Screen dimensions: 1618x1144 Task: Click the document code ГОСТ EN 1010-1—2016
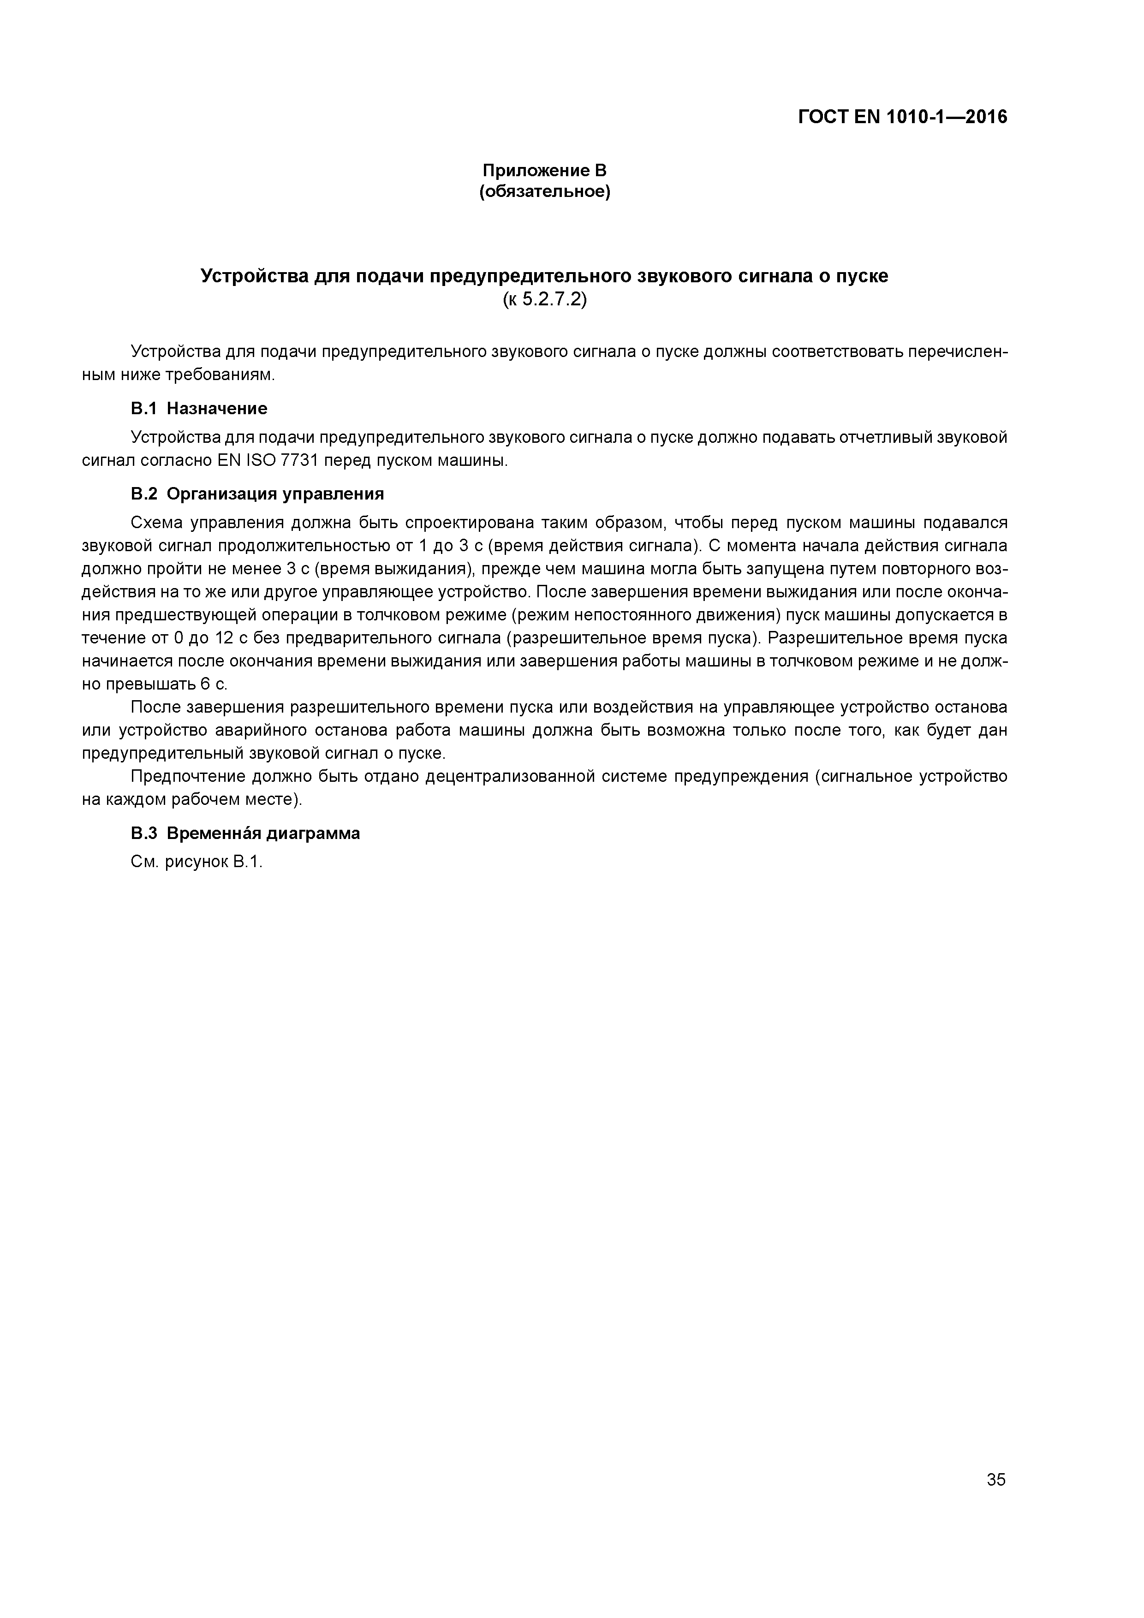(902, 117)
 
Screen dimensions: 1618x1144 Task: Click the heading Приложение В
(544, 171)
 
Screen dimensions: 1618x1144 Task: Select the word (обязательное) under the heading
(544, 192)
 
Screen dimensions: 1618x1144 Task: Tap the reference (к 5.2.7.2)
(544, 299)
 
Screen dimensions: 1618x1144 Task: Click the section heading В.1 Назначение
(199, 409)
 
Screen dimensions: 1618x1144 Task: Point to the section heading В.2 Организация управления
(257, 494)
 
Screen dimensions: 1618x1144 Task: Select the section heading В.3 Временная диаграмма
(245, 833)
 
